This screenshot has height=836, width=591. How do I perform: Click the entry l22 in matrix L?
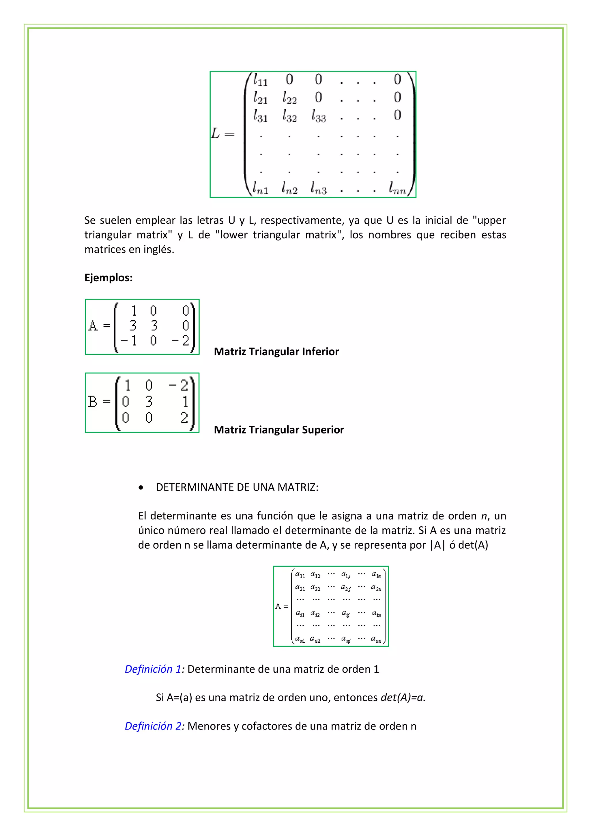(x=289, y=98)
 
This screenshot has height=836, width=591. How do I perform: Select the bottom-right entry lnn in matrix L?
(x=397, y=188)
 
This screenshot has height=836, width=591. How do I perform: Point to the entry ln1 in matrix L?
(x=260, y=188)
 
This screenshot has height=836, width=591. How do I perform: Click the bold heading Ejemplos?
(x=109, y=278)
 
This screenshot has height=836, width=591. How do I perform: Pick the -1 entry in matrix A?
(x=129, y=341)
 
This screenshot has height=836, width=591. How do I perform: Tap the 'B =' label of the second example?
(x=99, y=401)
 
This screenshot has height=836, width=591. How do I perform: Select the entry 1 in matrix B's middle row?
(x=185, y=401)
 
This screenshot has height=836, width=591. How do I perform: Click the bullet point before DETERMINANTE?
(x=141, y=488)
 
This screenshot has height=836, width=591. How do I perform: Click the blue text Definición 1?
(x=153, y=669)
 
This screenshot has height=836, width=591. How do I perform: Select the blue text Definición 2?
(x=153, y=726)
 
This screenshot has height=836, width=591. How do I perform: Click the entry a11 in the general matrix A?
(x=300, y=575)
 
